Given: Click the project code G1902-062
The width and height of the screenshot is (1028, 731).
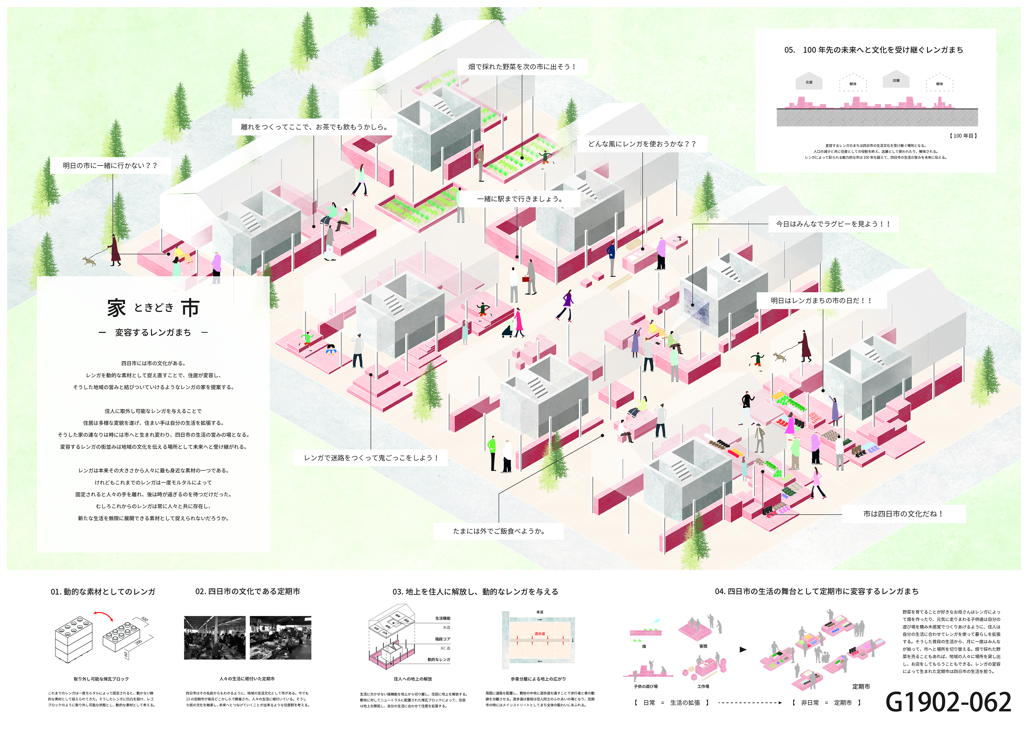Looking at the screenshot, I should point(948,702).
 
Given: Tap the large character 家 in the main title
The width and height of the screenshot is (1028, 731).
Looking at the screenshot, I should point(116,308).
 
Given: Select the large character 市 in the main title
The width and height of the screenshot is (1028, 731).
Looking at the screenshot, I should point(190,308).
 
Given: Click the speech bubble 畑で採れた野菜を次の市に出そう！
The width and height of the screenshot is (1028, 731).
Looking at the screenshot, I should point(522,66).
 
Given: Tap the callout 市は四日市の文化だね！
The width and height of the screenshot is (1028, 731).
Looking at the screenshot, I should point(903,513).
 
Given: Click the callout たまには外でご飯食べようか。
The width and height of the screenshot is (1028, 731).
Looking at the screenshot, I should point(498,531).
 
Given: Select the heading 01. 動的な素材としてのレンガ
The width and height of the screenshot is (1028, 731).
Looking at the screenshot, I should point(103,592).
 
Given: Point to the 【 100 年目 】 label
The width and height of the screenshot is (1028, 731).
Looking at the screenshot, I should point(963,135).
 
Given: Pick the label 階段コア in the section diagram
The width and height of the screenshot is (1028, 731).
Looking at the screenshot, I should point(442,639).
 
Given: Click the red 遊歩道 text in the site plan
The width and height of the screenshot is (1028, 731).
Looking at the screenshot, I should point(539,634).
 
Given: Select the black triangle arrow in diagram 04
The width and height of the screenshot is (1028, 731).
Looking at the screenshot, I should point(743,650).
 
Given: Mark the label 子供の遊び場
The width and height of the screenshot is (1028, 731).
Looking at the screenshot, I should point(646,687).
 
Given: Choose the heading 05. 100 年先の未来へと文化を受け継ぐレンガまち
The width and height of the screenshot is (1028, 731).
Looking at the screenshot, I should point(874,50).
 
